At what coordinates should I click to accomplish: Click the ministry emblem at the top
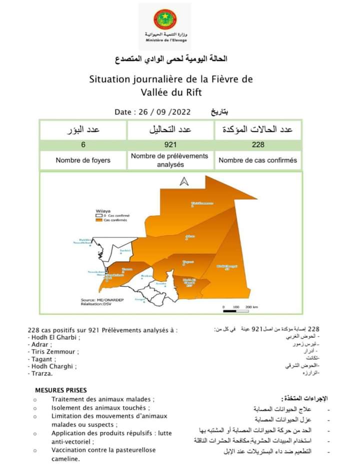point(164,19)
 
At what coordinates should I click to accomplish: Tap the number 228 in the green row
point(258,145)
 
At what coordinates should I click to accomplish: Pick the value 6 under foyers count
point(83,145)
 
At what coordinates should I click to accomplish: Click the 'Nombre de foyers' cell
point(83,160)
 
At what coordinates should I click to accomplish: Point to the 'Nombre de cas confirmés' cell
point(258,160)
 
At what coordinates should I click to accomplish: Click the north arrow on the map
point(184,182)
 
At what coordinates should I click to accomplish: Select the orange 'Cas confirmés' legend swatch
point(99,220)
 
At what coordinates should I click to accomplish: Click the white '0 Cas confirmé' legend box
point(99,215)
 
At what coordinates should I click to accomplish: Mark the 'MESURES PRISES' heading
point(60,390)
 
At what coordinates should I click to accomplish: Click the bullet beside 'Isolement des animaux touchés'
point(35,408)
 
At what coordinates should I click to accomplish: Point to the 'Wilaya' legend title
point(102,211)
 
